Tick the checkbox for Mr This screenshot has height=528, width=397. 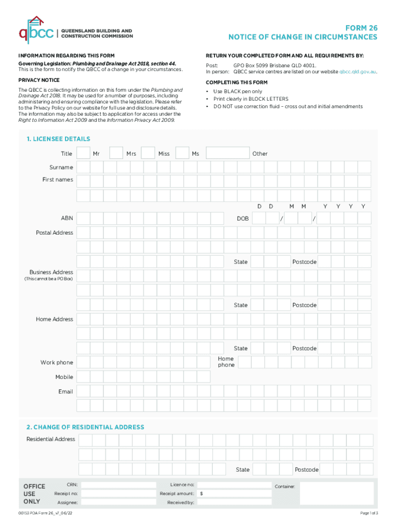(x=83, y=153)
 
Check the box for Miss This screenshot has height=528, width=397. (x=148, y=153)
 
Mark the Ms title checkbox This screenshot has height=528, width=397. (x=181, y=153)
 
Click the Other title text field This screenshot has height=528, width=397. (x=227, y=153)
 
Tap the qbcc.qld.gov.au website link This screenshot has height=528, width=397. (x=357, y=72)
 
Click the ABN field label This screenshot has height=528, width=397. (x=67, y=219)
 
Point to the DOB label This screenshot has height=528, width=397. (x=242, y=219)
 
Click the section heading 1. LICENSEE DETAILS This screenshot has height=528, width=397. (x=58, y=139)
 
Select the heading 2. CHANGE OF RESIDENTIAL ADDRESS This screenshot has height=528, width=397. (x=85, y=427)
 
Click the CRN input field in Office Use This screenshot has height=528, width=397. (x=119, y=485)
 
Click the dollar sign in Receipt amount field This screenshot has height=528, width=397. (x=202, y=493)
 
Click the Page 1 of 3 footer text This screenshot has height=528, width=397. (x=369, y=514)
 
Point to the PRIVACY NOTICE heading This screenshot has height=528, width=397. (x=39, y=80)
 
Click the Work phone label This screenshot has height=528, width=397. (x=57, y=362)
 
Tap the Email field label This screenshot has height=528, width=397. (x=65, y=392)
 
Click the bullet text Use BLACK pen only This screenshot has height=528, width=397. (x=238, y=91)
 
